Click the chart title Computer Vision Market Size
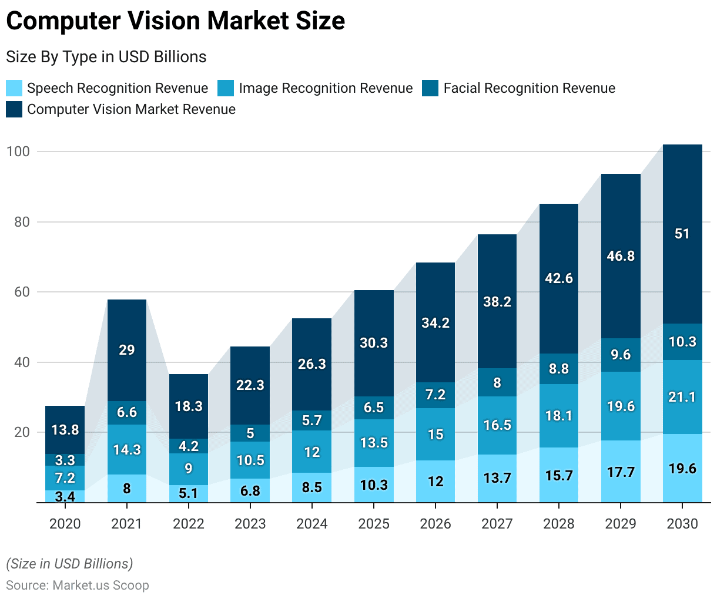pyautogui.click(x=175, y=21)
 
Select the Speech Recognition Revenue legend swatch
pyautogui.click(x=14, y=88)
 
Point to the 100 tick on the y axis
pyautogui.click(x=18, y=152)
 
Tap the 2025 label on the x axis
pyautogui.click(x=374, y=524)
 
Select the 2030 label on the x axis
pyautogui.click(x=682, y=524)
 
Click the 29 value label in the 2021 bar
pyautogui.click(x=127, y=350)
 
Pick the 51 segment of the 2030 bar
pyautogui.click(x=682, y=234)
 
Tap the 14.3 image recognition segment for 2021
pyautogui.click(x=127, y=450)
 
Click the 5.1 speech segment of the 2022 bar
pyautogui.click(x=189, y=493)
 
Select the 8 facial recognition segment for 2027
pyautogui.click(x=497, y=383)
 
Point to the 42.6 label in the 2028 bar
pyautogui.click(x=559, y=278)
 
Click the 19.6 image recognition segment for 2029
pyautogui.click(x=621, y=406)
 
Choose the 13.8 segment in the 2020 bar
pyautogui.click(x=65, y=430)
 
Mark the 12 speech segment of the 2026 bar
pyautogui.click(x=435, y=482)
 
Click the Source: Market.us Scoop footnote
pyautogui.click(x=78, y=585)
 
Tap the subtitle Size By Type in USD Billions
pyautogui.click(x=106, y=57)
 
